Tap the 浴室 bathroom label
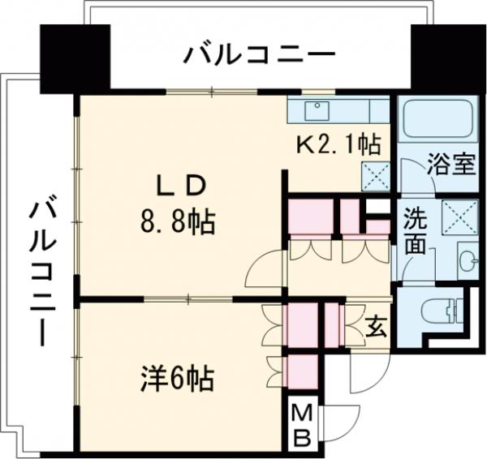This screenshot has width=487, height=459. point(451,165)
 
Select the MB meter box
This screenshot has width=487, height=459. point(301,425)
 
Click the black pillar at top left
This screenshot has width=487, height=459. point(74,59)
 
